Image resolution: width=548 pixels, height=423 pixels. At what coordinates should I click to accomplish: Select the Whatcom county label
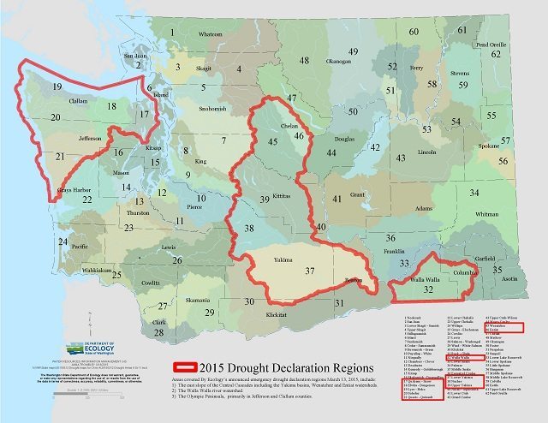(x=209, y=34)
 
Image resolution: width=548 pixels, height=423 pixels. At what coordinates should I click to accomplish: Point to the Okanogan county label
(x=339, y=62)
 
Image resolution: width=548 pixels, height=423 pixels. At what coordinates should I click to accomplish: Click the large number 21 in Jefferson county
(x=59, y=157)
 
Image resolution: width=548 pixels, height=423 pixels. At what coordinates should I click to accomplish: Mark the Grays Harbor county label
(x=74, y=189)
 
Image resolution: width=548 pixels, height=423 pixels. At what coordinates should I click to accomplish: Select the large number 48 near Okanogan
(x=304, y=60)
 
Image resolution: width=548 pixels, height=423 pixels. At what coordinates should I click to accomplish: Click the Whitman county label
(x=486, y=214)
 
